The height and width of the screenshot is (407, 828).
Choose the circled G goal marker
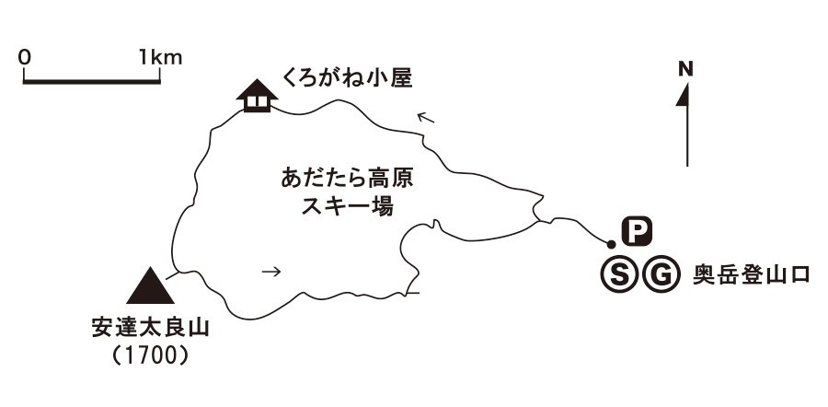(659, 273)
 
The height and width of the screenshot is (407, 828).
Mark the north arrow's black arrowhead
(684, 95)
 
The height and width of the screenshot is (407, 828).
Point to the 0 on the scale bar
(25, 57)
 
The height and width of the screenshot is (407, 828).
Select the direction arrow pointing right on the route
(270, 272)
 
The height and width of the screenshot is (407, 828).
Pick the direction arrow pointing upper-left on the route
(425, 117)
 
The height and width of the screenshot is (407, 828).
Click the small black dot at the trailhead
(611, 244)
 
